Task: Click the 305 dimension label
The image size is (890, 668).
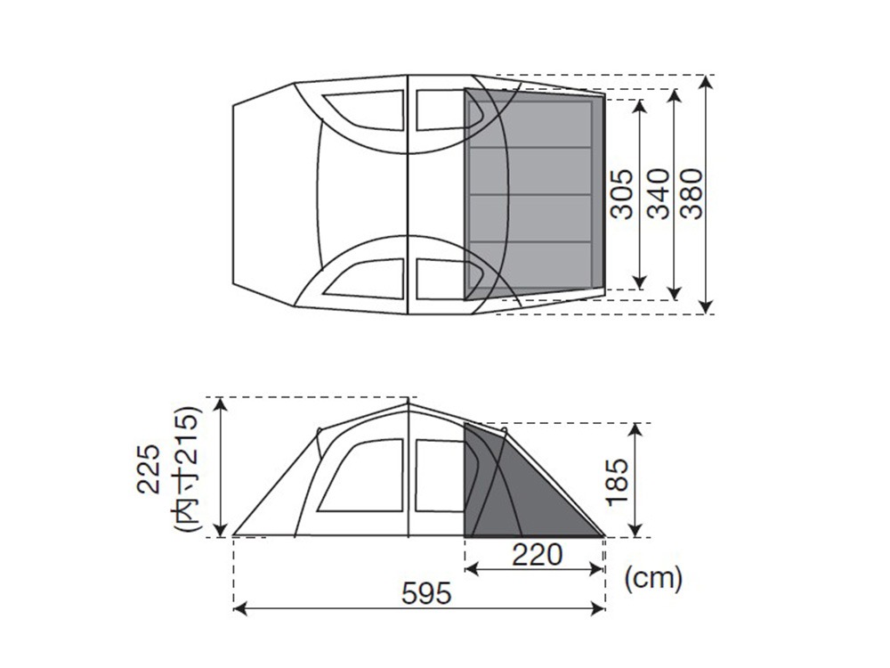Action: pos(621,193)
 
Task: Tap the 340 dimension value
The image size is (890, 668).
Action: pos(659,193)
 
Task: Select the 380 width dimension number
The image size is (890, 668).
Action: pos(692,193)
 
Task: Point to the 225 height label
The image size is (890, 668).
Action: pos(150,469)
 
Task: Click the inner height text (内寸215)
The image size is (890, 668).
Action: pos(186,468)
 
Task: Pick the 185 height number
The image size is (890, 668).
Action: pos(617,481)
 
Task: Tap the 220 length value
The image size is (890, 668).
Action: pos(537,555)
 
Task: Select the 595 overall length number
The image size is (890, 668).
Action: pos(426,593)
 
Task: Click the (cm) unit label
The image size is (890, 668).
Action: pos(652,579)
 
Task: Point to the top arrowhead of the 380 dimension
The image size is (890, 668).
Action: pos(706,82)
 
